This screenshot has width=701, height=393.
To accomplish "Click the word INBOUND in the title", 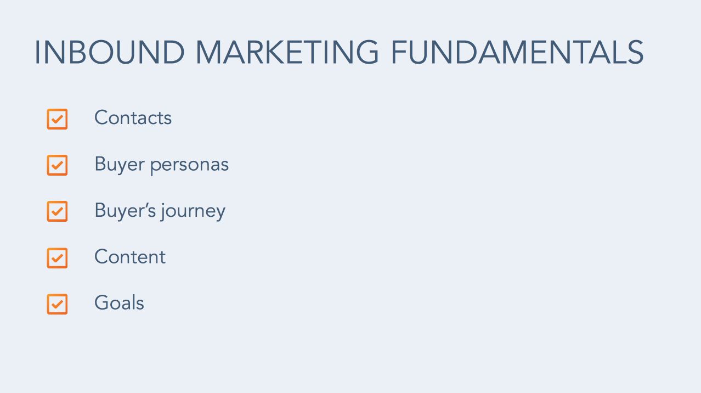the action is [x=110, y=52].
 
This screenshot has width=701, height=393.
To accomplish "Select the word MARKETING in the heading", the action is [x=287, y=52].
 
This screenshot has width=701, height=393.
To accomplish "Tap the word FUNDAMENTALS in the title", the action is [x=517, y=52].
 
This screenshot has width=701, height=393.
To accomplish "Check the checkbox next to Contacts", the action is [x=57, y=119].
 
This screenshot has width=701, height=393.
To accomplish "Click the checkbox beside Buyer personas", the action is [x=57, y=165].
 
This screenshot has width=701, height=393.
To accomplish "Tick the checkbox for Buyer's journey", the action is [x=57, y=211].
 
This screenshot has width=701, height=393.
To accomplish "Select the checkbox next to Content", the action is [x=57, y=258].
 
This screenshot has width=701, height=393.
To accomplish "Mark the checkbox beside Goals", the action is [x=57, y=304].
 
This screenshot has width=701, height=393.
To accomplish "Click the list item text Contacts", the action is [x=133, y=117].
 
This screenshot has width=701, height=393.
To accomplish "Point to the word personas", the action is [x=190, y=166].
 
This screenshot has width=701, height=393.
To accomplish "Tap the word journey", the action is [x=193, y=211].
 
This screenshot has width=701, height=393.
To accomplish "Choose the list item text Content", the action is [x=130, y=257].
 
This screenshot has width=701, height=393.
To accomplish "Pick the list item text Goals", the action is [x=119, y=302].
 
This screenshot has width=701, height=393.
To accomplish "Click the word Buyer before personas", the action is [x=120, y=165].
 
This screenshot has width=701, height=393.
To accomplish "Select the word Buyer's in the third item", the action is [x=125, y=211].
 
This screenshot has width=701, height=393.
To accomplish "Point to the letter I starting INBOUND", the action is [x=37, y=52].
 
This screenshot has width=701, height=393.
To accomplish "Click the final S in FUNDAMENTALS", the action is [x=636, y=52].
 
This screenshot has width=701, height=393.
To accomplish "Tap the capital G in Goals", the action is [x=103, y=302].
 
